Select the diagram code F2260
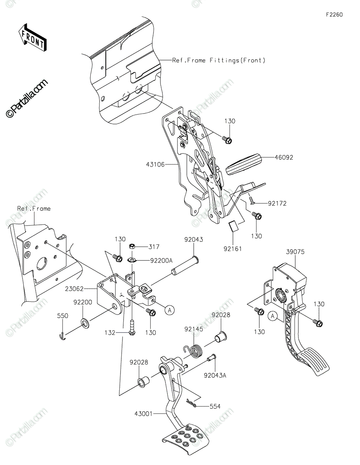[334, 15]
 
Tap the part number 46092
[284, 157]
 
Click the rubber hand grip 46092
[243, 164]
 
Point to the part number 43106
[155, 164]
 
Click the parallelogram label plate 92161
[234, 226]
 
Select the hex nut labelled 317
[132, 246]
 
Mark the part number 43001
[143, 413]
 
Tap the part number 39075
[295, 252]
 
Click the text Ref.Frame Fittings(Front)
[219, 60]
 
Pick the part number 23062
[74, 289]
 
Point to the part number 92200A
[162, 260]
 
